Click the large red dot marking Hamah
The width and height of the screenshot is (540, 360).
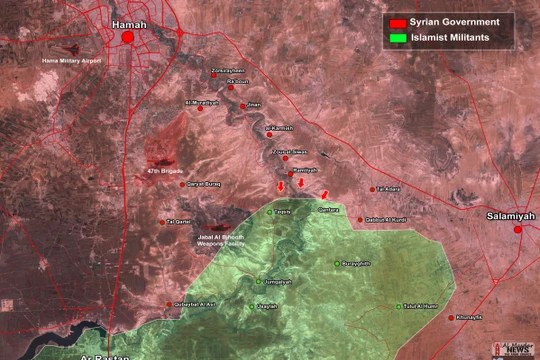[128, 37]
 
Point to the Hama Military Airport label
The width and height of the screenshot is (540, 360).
[71, 60]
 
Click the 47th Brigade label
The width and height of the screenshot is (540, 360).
[161, 171]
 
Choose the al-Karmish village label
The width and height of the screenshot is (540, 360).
[282, 128]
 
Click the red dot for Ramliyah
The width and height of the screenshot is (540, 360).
[290, 172]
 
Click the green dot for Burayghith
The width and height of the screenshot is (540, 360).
[337, 263]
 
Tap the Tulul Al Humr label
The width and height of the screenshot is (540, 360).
[421, 306]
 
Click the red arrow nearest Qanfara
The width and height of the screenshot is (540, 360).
[323, 193]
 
